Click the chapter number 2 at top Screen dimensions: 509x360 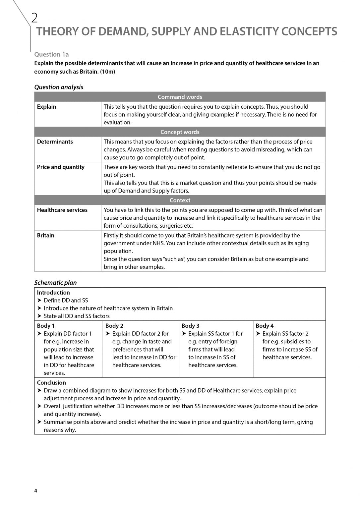34,18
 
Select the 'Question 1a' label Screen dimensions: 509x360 51,54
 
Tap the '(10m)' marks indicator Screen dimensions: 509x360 107,72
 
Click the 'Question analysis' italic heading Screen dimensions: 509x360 59,87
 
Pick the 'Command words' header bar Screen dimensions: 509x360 180,97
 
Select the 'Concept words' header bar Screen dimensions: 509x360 180,132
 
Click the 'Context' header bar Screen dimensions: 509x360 180,200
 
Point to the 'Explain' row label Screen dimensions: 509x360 46,107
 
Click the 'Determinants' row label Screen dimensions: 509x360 55,142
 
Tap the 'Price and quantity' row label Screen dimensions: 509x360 61,167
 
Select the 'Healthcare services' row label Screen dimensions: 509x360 62,210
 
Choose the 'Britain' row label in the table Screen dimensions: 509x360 45,236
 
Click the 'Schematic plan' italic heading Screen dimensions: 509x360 55,283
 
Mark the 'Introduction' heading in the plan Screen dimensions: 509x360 53,293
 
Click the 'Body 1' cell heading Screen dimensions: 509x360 46,326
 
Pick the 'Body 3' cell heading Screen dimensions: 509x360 190,326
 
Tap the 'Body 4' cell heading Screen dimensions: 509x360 265,326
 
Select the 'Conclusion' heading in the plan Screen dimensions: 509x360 51,383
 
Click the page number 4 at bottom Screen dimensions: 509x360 36,491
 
